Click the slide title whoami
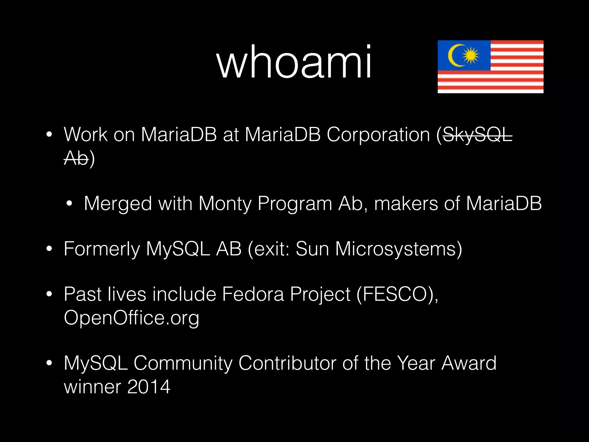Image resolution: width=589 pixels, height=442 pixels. (x=294, y=62)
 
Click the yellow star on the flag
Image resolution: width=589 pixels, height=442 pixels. (x=471, y=55)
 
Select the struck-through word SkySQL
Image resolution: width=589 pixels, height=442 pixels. (x=477, y=135)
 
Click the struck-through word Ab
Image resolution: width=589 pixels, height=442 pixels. (x=76, y=158)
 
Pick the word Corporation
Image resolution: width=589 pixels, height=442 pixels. (x=378, y=135)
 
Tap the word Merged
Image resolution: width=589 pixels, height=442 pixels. (x=118, y=204)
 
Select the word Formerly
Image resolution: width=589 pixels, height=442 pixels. (x=102, y=249)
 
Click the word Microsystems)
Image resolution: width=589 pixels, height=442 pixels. (x=399, y=249)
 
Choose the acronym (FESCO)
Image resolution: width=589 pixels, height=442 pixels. (x=397, y=294)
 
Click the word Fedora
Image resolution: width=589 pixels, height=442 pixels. (x=253, y=294)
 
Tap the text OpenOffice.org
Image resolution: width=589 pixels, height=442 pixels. (x=131, y=318)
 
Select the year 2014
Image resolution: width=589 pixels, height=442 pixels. (x=149, y=386)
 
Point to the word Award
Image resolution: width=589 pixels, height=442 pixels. (x=469, y=363)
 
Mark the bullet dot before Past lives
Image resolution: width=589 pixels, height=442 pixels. (x=49, y=294)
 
